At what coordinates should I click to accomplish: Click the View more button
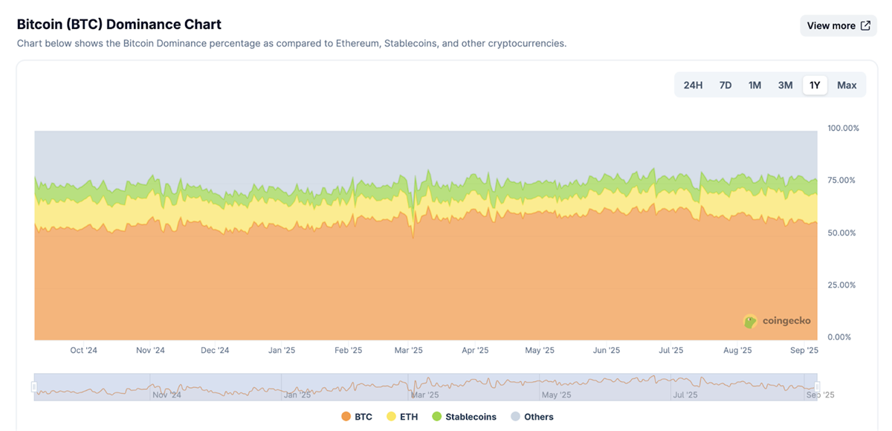(x=838, y=25)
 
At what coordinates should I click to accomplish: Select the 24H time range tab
(x=693, y=85)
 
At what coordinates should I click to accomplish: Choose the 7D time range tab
(x=725, y=85)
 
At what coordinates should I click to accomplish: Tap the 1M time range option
(x=754, y=85)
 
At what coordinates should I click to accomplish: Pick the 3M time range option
(x=785, y=85)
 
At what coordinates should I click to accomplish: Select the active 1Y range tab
(x=815, y=85)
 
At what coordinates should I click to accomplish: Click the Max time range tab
(x=847, y=85)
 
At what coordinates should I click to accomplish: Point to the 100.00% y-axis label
(x=843, y=128)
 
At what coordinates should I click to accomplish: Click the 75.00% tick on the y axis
(x=843, y=180)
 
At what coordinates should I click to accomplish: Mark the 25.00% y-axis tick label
(x=843, y=285)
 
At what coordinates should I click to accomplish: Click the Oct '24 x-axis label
(x=83, y=350)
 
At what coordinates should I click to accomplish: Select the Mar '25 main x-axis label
(x=408, y=350)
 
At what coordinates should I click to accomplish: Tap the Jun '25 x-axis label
(x=607, y=350)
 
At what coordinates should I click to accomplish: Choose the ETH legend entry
(x=402, y=417)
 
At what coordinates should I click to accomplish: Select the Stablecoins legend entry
(x=464, y=417)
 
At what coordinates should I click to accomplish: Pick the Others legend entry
(x=531, y=417)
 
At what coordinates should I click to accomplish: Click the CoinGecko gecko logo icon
(x=750, y=321)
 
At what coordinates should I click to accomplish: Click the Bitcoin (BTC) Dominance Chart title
(x=119, y=25)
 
